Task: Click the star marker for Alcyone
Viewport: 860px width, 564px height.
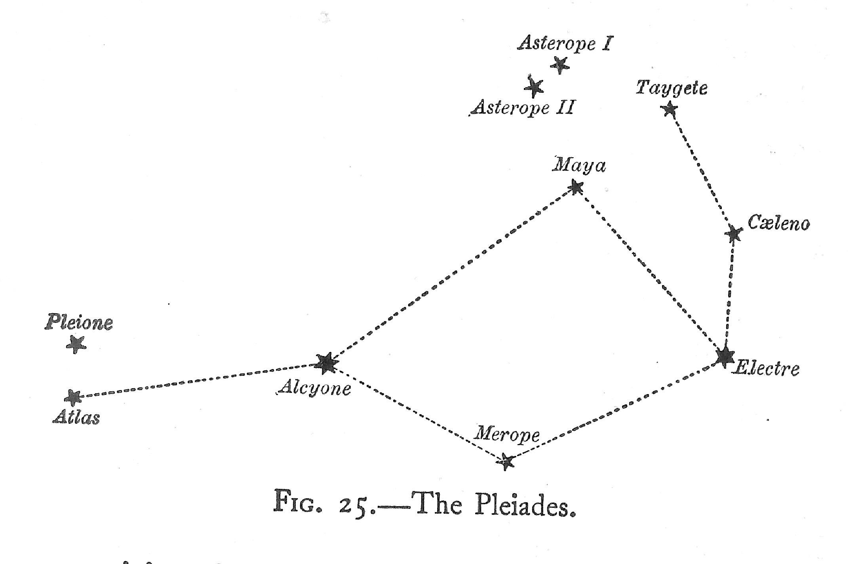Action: (325, 363)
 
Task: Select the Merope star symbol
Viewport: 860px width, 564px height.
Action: (506, 461)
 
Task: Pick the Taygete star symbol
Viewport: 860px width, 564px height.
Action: (669, 109)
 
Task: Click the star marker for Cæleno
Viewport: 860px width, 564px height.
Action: (734, 234)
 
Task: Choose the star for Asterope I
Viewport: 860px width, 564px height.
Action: (560, 65)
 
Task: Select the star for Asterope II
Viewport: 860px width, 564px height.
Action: (534, 87)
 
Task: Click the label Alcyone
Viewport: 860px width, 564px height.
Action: (315, 389)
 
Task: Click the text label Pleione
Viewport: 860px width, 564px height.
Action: (79, 323)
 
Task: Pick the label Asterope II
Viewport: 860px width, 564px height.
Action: (522, 107)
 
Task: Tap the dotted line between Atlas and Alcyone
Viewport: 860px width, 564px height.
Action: (198, 380)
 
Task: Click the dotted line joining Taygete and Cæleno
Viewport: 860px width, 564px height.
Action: (701, 171)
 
